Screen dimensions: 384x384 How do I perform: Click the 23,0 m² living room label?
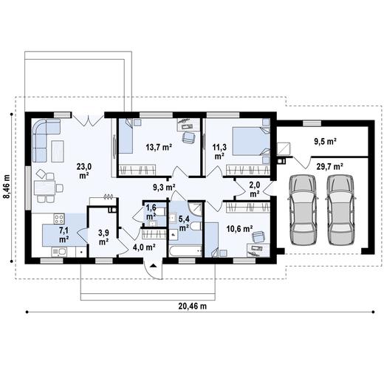pos(84,171)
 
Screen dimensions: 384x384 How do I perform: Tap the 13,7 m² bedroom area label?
pos(159,148)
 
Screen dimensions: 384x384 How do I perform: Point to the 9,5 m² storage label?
pos(326,142)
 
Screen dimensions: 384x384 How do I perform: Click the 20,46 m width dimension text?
pos(193,306)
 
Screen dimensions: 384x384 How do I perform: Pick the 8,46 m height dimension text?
pos(7,186)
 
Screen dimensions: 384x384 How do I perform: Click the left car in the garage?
pos(303,210)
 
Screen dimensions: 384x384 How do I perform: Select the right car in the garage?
pos(341,210)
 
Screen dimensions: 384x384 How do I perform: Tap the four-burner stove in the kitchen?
pos(59,219)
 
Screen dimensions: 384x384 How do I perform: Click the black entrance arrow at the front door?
pos(154,265)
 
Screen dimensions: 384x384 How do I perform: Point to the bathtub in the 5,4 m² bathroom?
pos(185,251)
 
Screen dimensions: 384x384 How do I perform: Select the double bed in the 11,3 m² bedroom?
pos(251,141)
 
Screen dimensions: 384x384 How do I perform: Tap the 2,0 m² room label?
pos(255,190)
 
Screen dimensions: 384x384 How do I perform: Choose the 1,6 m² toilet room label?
pos(151,212)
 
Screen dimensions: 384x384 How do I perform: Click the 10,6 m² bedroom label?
pos(239,229)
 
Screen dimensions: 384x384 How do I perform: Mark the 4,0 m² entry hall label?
pos(144,247)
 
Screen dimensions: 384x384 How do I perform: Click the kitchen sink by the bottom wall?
pos(59,252)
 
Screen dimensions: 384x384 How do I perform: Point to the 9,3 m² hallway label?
pos(164,188)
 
